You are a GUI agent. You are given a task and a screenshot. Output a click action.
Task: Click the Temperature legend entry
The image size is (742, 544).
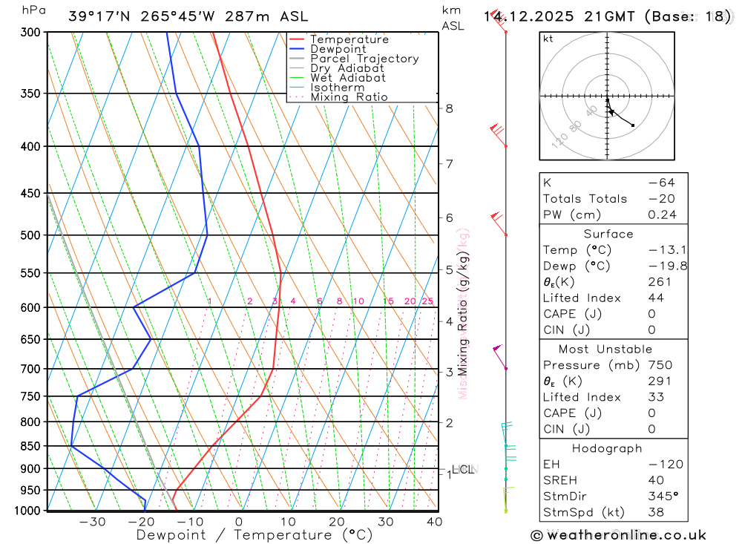point(349,39)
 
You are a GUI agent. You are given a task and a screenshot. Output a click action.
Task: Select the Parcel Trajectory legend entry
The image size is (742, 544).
point(364,59)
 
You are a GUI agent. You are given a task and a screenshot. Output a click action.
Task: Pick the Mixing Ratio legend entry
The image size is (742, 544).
point(349,97)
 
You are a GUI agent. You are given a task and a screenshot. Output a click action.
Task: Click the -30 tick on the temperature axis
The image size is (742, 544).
point(92,522)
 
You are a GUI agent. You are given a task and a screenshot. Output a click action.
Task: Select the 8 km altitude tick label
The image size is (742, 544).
point(449,108)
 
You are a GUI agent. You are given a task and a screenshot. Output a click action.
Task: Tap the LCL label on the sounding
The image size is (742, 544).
point(462,469)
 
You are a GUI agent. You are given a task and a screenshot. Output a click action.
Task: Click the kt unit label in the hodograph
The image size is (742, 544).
point(548,39)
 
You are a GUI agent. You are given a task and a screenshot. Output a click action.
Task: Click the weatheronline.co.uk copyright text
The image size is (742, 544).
point(618,535)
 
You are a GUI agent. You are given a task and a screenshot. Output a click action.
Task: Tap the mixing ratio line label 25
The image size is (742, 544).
point(427,301)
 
